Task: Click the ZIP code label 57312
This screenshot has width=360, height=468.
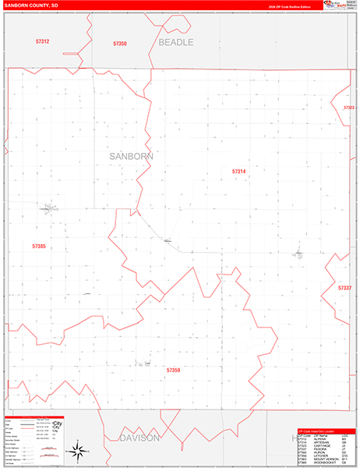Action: point(42,41)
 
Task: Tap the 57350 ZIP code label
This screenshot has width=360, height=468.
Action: point(119,44)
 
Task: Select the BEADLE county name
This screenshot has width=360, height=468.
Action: point(175,42)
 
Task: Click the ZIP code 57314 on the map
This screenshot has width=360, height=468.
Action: point(238,171)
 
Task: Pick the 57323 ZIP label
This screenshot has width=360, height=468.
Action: point(349,108)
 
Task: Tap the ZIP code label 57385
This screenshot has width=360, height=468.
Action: point(39,246)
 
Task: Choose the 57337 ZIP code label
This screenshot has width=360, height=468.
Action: point(344,288)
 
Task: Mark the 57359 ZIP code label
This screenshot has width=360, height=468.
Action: point(173,370)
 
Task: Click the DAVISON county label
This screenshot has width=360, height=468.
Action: point(139,438)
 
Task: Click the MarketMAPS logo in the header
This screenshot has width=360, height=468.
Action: point(340,5)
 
